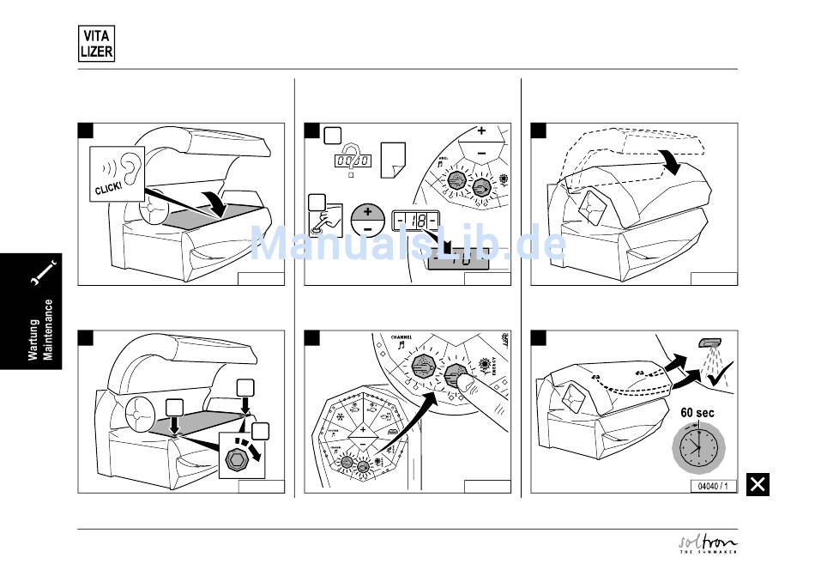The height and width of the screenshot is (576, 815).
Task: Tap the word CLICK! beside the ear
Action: tap(106, 187)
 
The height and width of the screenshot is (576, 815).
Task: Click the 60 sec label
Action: tap(697, 413)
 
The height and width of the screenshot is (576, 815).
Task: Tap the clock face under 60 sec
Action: tap(697, 447)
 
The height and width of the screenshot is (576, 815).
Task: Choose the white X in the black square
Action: tap(758, 484)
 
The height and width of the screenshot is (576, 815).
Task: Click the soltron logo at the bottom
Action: tap(708, 544)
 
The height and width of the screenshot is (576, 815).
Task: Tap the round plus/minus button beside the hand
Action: tap(368, 219)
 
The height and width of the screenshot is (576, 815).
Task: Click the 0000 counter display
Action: tap(352, 161)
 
